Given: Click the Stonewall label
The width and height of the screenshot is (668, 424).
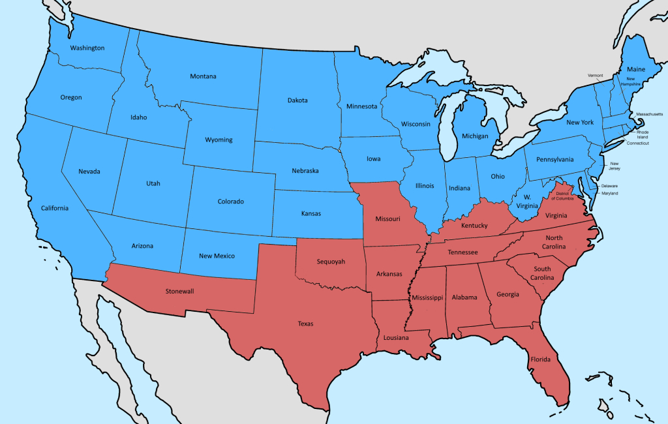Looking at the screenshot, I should [x=180, y=291].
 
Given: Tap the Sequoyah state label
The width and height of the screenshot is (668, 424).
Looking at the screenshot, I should [x=331, y=262].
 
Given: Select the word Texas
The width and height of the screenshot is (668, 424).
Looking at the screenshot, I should [x=305, y=324].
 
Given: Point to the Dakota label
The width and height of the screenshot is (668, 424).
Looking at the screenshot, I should [x=297, y=100].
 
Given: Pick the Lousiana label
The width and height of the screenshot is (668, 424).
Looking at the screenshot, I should [x=397, y=338].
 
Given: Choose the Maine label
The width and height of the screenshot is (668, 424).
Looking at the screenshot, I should [x=636, y=68].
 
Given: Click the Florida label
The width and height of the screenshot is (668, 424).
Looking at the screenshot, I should [x=540, y=359].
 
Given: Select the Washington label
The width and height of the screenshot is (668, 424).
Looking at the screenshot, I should [x=87, y=48].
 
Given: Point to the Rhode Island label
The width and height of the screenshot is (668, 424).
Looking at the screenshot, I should [x=643, y=134].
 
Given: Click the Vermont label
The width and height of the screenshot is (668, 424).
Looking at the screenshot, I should [x=596, y=76].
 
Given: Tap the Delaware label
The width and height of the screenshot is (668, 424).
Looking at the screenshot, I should [x=610, y=185].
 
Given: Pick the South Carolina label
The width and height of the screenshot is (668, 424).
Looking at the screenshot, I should [x=542, y=273].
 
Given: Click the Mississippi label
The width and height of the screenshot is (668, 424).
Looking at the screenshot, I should [x=427, y=297].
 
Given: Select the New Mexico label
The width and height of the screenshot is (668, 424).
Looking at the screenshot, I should [x=217, y=256].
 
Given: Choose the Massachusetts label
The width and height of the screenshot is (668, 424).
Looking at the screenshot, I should [x=649, y=114].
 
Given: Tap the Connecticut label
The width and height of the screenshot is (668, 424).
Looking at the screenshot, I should [x=637, y=143].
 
